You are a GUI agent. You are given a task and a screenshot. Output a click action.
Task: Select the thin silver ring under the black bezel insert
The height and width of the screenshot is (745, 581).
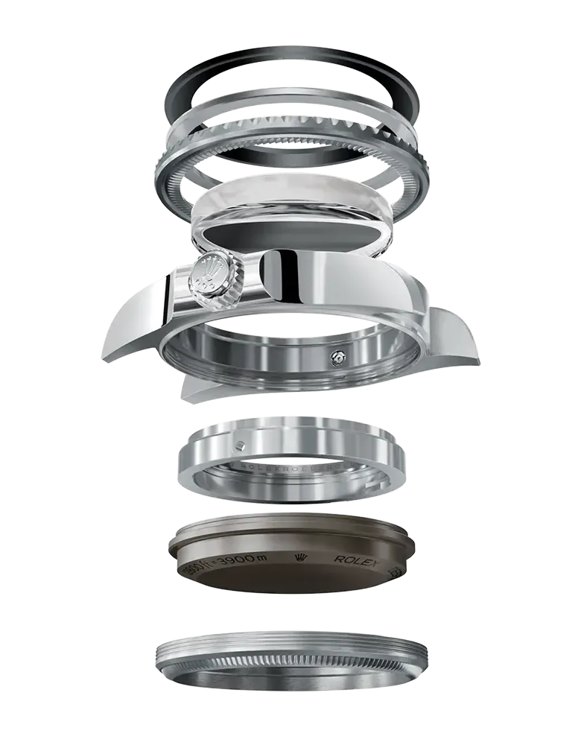pyautogui.click(x=290, y=104)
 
